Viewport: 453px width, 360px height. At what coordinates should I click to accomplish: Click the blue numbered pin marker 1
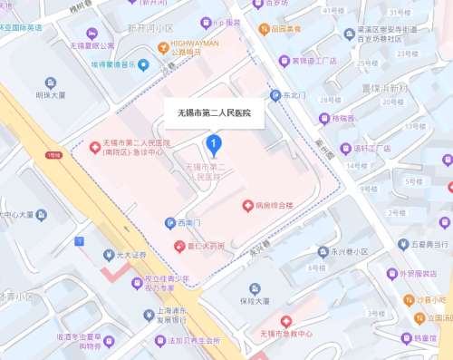214,143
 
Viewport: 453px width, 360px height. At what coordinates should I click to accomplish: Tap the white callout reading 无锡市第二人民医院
214,113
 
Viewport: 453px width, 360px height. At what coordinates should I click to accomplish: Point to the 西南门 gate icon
169,223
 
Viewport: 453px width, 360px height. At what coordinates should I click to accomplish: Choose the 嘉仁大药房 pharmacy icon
178,247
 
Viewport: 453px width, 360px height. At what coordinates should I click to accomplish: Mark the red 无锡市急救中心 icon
286,321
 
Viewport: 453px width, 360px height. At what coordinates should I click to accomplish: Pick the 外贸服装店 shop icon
391,273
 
